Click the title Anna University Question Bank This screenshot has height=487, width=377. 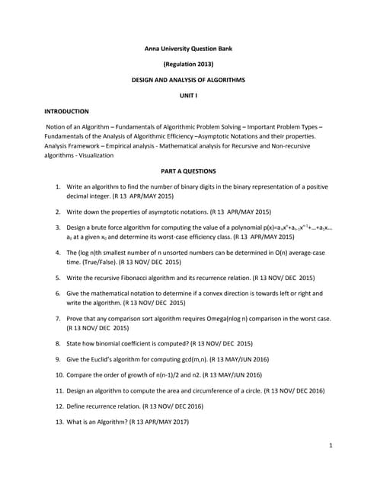click(188, 49)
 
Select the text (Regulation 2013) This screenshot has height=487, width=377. click(188, 64)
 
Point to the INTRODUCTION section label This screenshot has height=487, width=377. click(66, 111)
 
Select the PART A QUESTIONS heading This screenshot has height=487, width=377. click(188, 171)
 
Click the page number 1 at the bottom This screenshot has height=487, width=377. click(331, 445)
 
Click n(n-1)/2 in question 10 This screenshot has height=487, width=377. click(175, 374)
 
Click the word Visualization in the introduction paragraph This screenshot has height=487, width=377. click(94, 155)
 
